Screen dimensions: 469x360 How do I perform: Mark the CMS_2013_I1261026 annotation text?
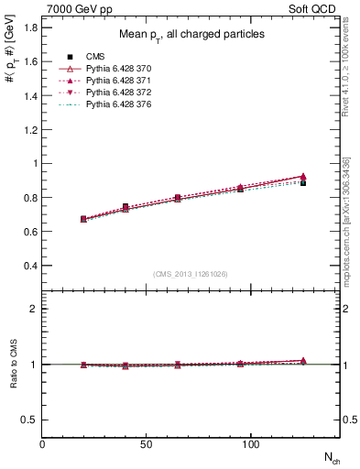tap(191, 274)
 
